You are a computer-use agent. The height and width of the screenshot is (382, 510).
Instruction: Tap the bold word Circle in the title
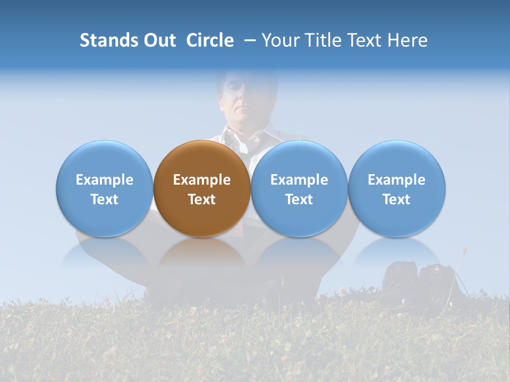210,40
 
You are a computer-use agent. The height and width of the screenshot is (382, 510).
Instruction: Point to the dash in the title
249,41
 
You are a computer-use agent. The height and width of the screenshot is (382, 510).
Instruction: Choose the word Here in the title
408,40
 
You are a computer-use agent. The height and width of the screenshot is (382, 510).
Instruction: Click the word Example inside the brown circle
202,180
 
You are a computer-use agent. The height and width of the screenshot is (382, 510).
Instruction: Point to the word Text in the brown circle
202,199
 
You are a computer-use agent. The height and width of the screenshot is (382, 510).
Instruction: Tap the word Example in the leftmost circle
104,180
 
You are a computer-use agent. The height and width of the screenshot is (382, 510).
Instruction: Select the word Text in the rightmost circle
397,199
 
